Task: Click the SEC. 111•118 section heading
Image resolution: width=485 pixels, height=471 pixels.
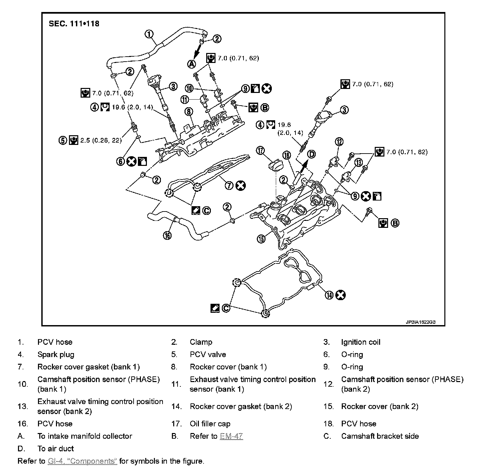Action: [x=74, y=24]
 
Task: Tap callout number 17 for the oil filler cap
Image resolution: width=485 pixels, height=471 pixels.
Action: [x=260, y=151]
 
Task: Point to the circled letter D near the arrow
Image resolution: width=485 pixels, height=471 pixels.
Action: [x=311, y=154]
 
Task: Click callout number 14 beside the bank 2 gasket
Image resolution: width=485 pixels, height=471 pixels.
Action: [x=329, y=295]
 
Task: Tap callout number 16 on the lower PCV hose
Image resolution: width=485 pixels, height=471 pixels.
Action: [x=167, y=235]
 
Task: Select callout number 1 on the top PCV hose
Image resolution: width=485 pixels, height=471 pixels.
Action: [x=149, y=34]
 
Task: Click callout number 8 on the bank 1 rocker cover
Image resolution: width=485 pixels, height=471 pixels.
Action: [x=189, y=111]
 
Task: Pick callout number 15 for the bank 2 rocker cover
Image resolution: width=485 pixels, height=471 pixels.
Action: [x=261, y=238]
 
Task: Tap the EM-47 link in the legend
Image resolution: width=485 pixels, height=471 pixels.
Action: [x=231, y=436]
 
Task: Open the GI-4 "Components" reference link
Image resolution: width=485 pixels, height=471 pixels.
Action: [x=82, y=461]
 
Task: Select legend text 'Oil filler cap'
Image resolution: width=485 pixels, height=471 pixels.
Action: [x=210, y=424]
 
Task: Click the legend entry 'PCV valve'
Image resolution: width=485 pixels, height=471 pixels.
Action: [x=208, y=354]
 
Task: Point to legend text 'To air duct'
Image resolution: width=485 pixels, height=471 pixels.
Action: [x=55, y=448]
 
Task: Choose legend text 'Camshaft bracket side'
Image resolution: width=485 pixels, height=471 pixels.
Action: [x=380, y=436]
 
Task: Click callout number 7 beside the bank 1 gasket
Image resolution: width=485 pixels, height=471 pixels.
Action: [x=229, y=186]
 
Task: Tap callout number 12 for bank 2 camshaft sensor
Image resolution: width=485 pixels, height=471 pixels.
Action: [x=339, y=142]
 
